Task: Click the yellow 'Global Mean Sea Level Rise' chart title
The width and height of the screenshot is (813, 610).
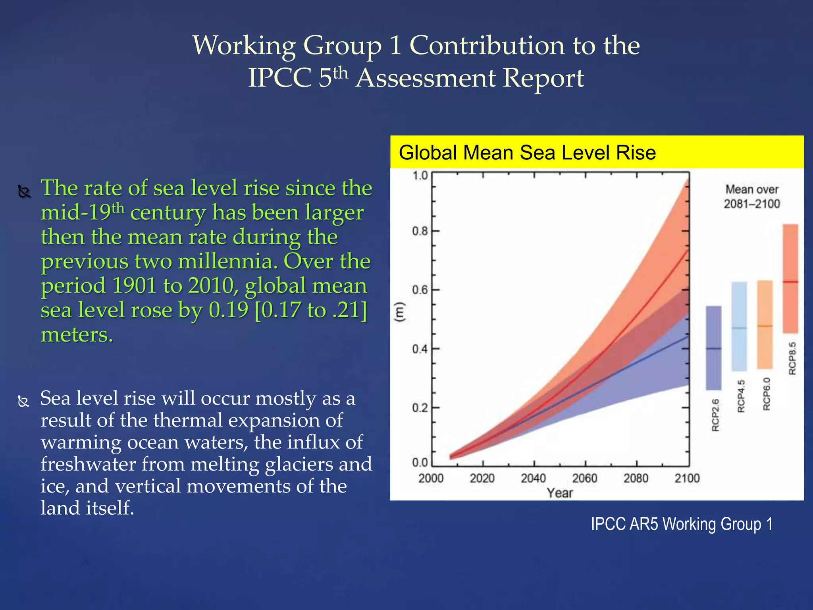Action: point(527,153)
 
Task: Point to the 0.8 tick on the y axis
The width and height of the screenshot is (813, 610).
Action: point(420,231)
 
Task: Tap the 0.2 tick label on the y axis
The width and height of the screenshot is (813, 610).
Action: point(420,408)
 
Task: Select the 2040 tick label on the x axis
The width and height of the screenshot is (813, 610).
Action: point(533,478)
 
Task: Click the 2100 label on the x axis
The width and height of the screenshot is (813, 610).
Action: point(687,478)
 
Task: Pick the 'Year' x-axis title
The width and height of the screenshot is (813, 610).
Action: point(559,493)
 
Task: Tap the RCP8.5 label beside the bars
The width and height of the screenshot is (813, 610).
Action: point(792,358)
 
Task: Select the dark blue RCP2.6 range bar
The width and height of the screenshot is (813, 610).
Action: point(713,347)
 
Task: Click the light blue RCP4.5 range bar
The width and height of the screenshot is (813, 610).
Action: point(739,326)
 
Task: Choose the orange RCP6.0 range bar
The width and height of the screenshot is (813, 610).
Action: point(765,324)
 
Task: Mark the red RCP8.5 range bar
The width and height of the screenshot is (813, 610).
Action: point(790,278)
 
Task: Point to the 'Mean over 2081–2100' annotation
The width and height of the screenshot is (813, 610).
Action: point(751,197)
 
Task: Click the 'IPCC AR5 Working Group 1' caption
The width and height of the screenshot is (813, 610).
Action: point(681,524)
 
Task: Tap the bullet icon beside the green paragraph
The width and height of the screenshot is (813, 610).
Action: point(24,192)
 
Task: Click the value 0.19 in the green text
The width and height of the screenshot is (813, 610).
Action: point(228,310)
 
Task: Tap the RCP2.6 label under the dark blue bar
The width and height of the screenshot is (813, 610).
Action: point(715,415)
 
